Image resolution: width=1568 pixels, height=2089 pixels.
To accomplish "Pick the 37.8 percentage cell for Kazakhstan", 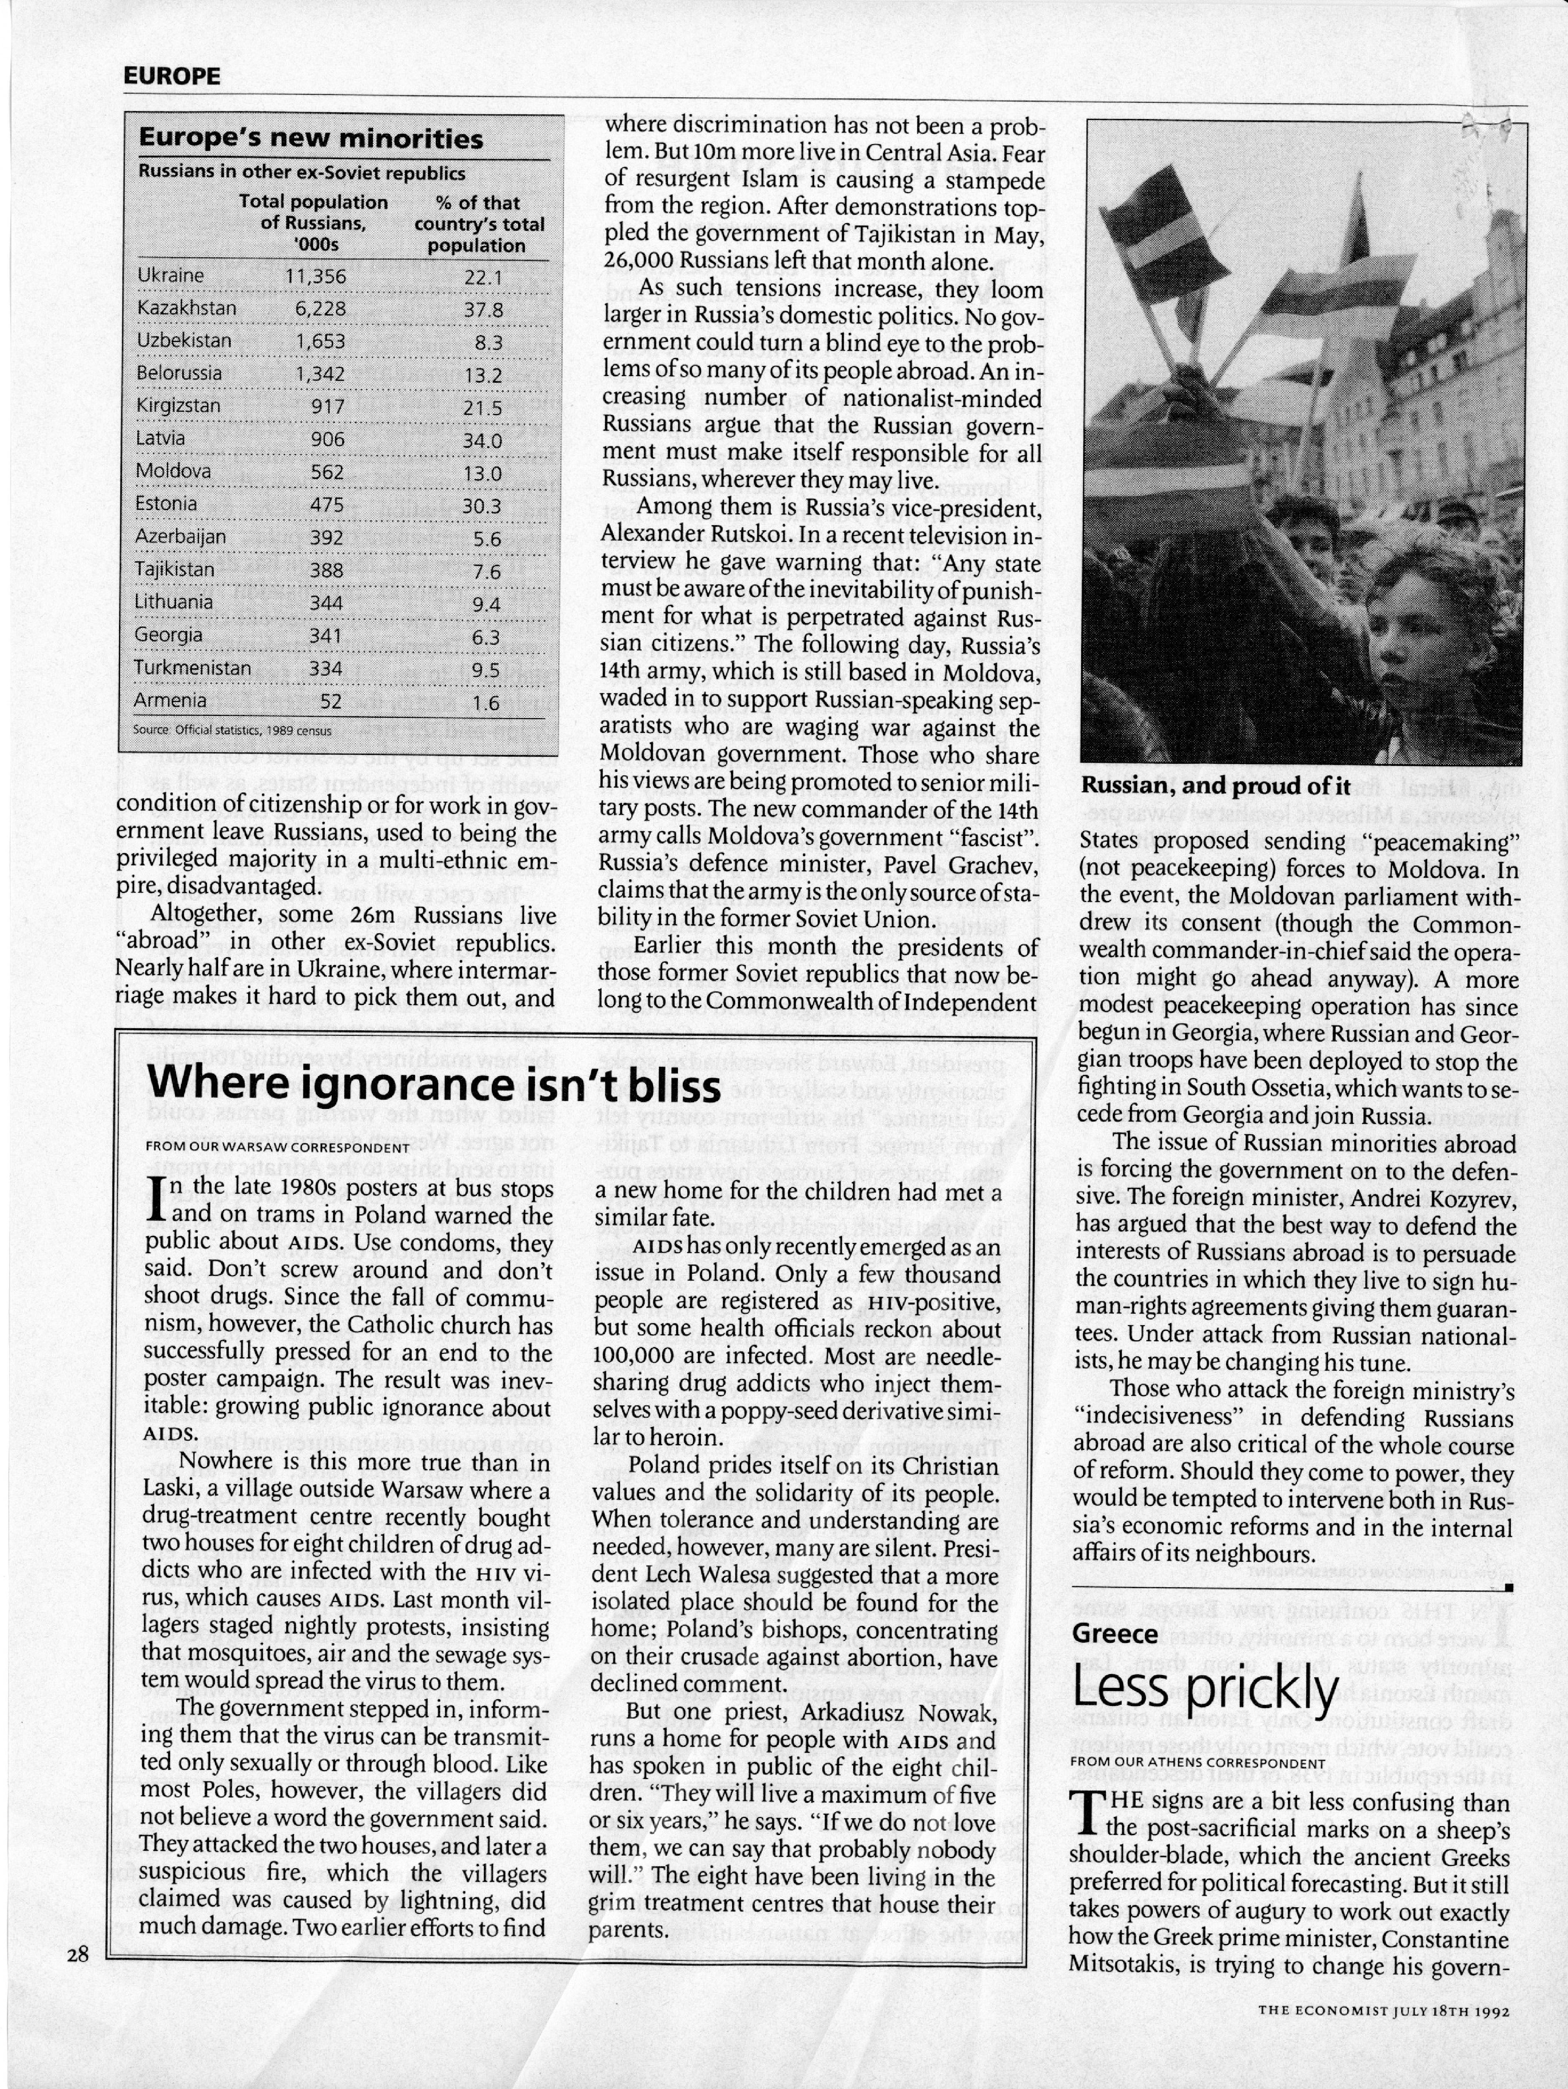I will (484, 309).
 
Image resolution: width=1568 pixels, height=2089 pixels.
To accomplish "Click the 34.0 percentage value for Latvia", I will (483, 439).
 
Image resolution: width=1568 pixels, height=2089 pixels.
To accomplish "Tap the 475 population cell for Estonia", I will (327, 504).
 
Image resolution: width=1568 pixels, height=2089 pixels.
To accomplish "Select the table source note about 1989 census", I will (232, 730).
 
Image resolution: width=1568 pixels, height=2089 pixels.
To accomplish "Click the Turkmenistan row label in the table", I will (193, 668).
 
